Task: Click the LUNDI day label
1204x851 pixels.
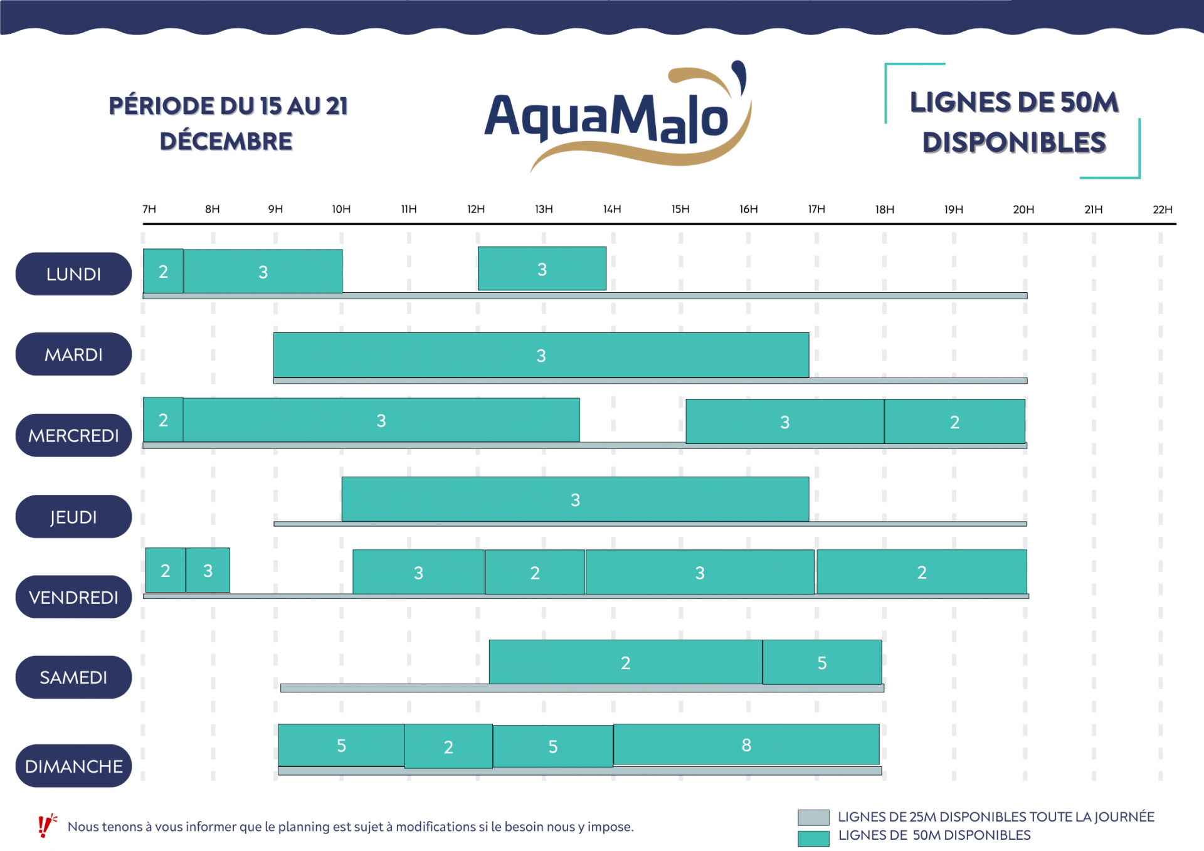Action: (73, 274)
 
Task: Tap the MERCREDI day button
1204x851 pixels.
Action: (73, 435)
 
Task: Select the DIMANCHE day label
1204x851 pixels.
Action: (73, 766)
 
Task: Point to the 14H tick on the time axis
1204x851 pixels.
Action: (612, 209)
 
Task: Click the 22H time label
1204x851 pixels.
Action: (1162, 209)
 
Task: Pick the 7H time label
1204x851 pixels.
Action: (149, 209)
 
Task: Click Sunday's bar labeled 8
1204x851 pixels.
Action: (746, 745)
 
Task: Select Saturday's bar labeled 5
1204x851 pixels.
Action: (822, 662)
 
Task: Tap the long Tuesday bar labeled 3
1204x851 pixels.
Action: (541, 356)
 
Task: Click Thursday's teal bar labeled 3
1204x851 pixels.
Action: (575, 500)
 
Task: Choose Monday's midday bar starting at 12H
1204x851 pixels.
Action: (542, 269)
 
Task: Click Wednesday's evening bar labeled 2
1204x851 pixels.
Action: (954, 422)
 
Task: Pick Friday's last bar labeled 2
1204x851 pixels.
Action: (922, 572)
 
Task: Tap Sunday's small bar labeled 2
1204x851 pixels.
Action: (448, 746)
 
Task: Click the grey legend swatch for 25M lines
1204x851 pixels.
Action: (813, 817)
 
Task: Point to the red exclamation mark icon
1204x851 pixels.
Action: (45, 826)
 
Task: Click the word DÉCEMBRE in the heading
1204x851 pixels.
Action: (226, 142)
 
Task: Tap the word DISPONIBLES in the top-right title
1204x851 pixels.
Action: (1014, 143)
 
